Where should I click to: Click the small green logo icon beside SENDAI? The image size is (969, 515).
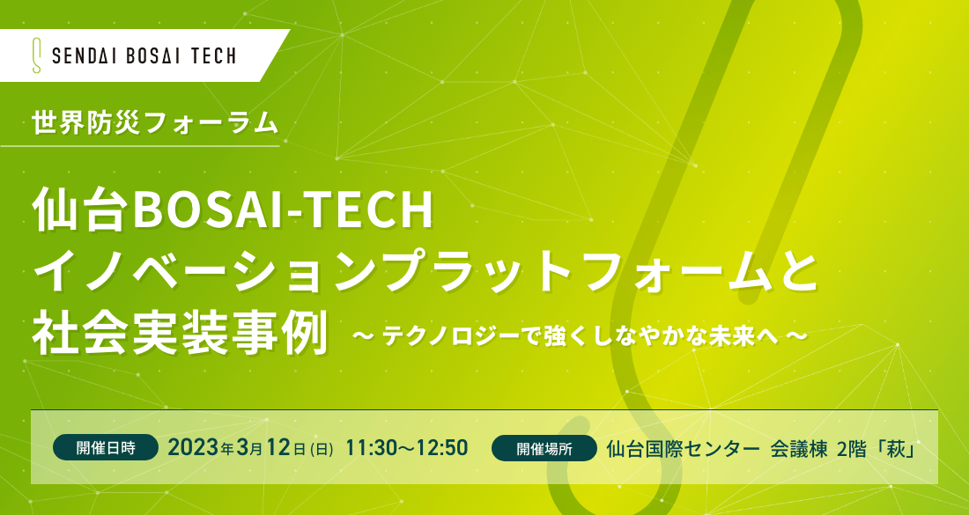click(x=37, y=55)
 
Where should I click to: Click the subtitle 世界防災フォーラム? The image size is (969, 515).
click(x=155, y=122)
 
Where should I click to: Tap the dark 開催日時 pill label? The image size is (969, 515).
click(x=106, y=448)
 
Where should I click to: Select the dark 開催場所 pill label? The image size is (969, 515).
click(x=544, y=448)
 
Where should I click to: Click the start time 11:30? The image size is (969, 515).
click(x=372, y=448)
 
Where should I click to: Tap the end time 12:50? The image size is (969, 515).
click(x=442, y=448)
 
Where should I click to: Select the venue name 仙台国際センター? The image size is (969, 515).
click(x=682, y=448)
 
